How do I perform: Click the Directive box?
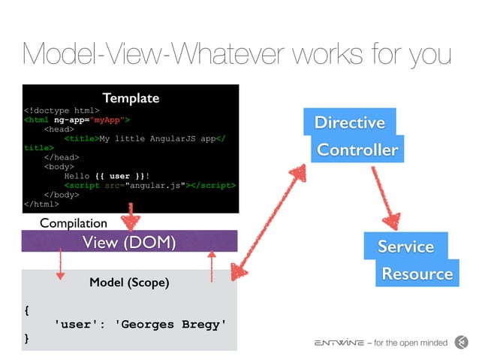[349, 123]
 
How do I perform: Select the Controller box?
[357, 150]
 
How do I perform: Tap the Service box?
[405, 247]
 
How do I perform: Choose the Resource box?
[417, 274]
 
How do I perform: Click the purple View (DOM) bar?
[130, 241]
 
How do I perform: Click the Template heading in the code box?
[131, 98]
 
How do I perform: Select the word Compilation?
[74, 223]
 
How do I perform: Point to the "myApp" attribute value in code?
[111, 119]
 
